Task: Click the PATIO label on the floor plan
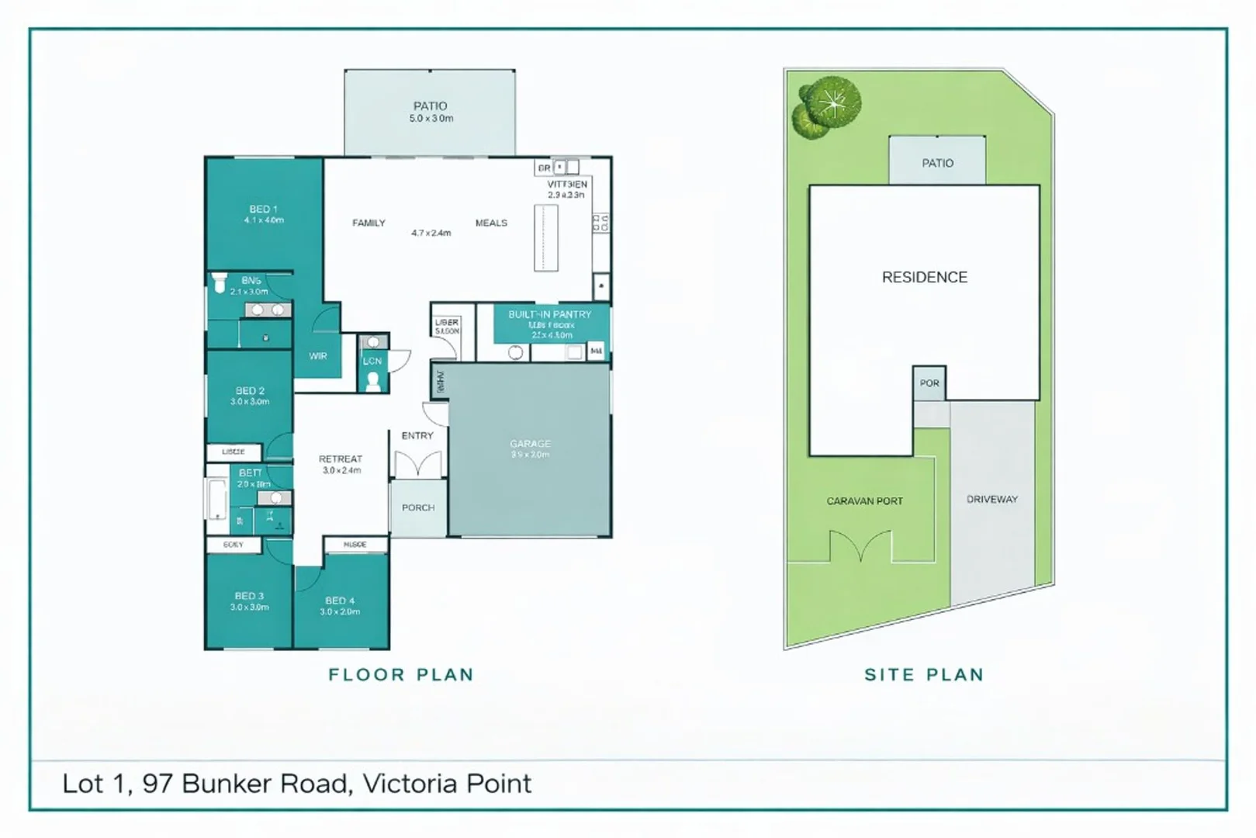point(430,106)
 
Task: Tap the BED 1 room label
point(263,209)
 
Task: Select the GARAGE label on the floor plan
point(531,444)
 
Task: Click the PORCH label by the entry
point(418,507)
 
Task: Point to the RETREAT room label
point(341,459)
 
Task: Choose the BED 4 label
point(340,601)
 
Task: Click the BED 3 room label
point(249,596)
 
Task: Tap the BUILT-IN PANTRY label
point(549,314)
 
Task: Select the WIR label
point(318,356)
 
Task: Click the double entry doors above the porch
point(418,464)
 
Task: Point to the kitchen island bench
point(545,238)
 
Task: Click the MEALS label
point(491,223)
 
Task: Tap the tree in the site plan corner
point(828,107)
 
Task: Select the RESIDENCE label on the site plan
point(924,277)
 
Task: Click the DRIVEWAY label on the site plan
point(991,499)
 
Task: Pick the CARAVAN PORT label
point(864,501)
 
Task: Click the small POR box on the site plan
point(929,383)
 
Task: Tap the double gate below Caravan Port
point(860,546)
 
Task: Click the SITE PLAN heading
point(923,675)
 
